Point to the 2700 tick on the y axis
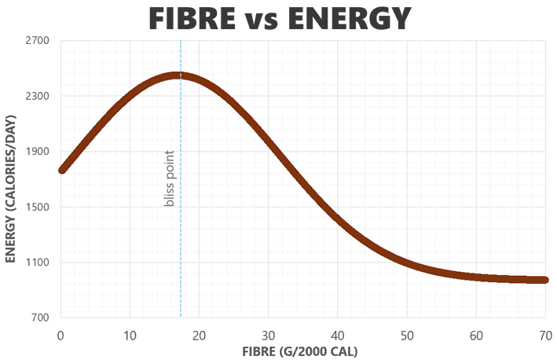(38, 41)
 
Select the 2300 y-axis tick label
(38, 97)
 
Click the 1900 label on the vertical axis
(38, 152)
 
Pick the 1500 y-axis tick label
(38, 208)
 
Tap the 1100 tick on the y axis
(38, 263)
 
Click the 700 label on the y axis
(40, 318)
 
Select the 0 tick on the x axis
(60, 333)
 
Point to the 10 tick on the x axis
(130, 333)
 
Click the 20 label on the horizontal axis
(199, 333)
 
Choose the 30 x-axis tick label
(268, 333)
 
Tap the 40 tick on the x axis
(337, 333)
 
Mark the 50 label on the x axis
(406, 333)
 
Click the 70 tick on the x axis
(544, 333)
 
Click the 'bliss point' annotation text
(169, 180)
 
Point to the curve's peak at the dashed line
(181, 75)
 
